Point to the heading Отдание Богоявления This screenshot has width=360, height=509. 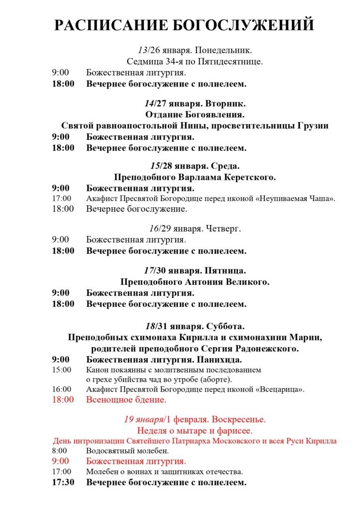(x=195, y=114)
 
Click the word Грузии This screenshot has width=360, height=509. (x=313, y=125)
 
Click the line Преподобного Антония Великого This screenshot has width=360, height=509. (x=195, y=282)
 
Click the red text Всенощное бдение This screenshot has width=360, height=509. (x=126, y=400)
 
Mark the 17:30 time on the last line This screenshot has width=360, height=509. (x=63, y=482)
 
